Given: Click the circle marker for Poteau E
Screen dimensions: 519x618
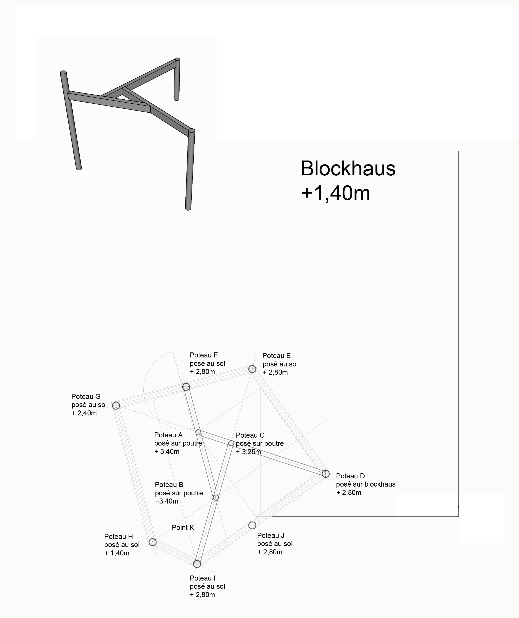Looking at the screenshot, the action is click(x=252, y=369).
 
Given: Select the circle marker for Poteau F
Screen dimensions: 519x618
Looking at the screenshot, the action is click(x=186, y=387).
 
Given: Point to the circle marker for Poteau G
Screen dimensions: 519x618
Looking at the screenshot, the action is click(x=116, y=406).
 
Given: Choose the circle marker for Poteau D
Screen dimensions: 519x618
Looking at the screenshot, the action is click(x=325, y=474).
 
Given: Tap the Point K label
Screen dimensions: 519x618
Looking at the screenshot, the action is click(x=183, y=528).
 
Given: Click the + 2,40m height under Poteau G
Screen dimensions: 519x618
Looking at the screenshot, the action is click(x=84, y=413).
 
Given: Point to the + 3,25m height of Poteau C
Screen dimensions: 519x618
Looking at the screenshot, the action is click(x=248, y=452).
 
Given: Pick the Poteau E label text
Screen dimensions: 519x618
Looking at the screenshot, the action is click(x=277, y=356).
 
